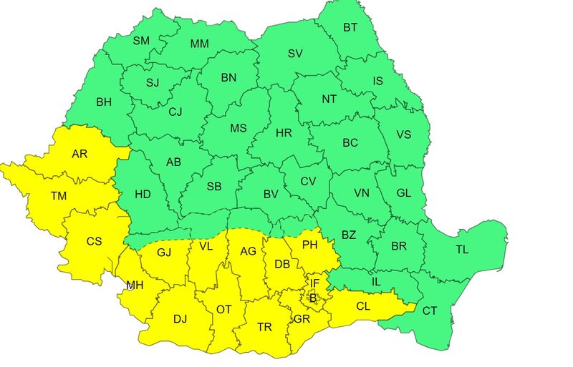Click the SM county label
(x=141, y=41)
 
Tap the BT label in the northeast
(x=350, y=28)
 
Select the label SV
(x=295, y=53)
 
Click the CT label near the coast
(x=429, y=310)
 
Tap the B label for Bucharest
(x=312, y=297)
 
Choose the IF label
(x=314, y=283)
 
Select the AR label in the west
(x=80, y=154)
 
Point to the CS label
(x=94, y=241)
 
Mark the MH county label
(x=135, y=285)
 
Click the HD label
(x=143, y=194)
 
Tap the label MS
(x=238, y=129)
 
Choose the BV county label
(x=271, y=194)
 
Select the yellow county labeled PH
(x=310, y=245)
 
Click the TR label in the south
(x=264, y=326)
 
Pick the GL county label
(x=403, y=192)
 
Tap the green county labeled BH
(x=104, y=102)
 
